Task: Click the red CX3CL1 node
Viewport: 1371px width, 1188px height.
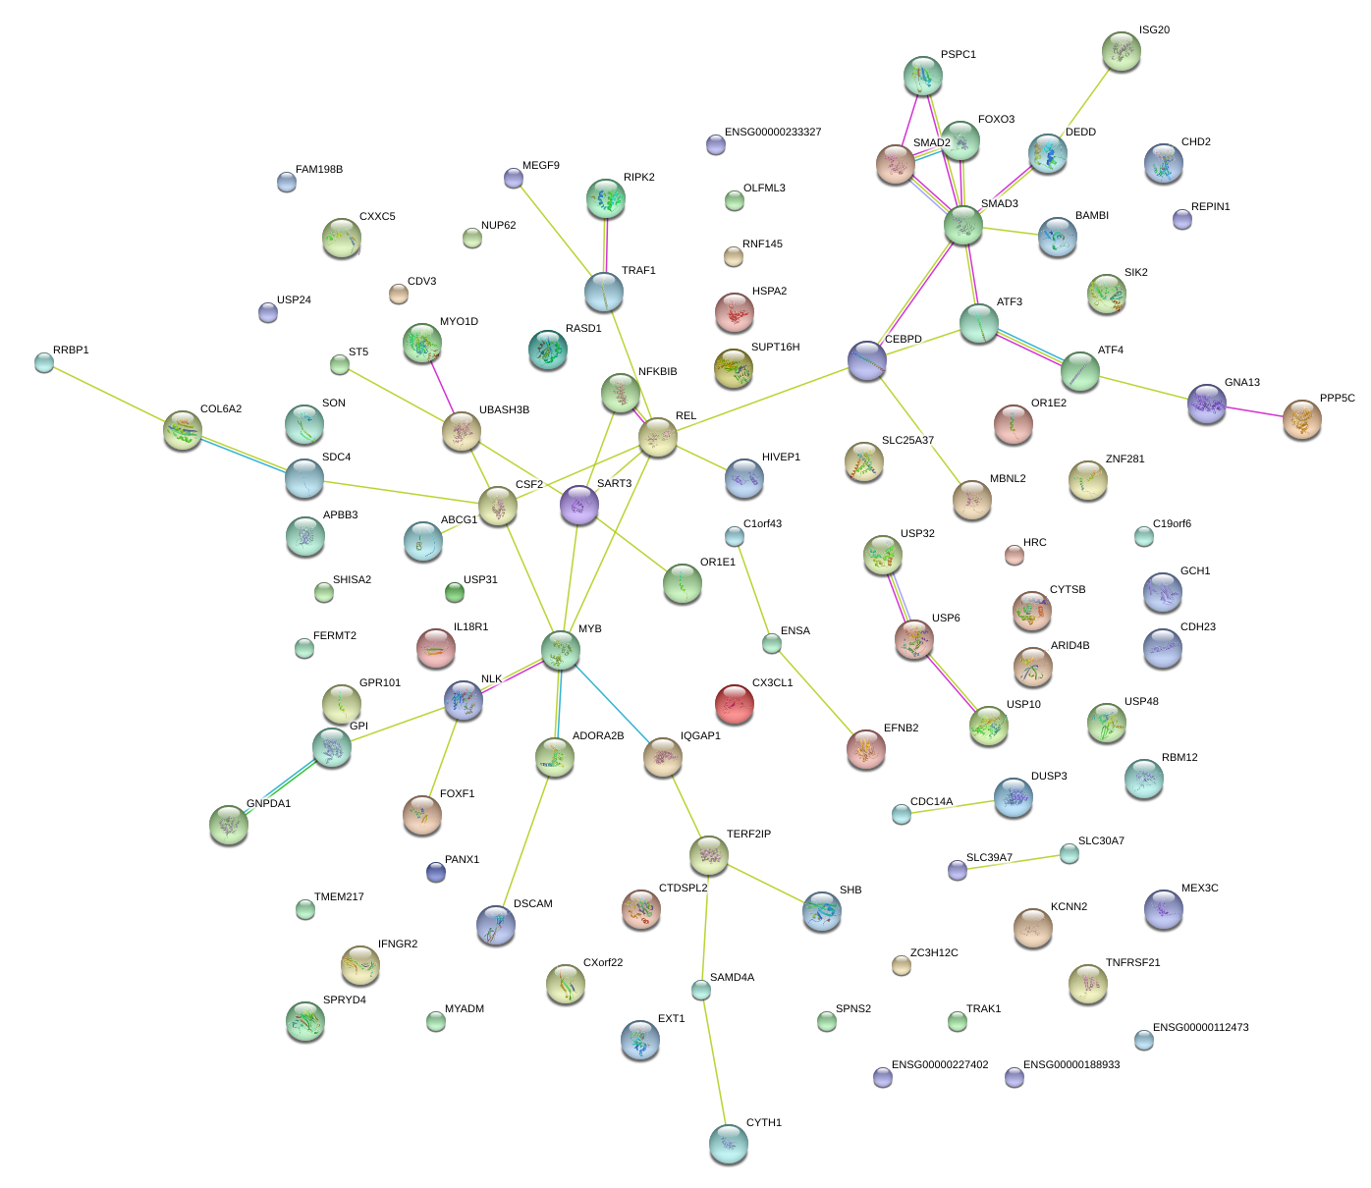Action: coord(734,704)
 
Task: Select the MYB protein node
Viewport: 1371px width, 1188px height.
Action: coord(561,649)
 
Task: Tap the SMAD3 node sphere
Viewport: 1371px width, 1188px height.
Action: coord(963,225)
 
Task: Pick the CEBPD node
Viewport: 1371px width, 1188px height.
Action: coord(867,360)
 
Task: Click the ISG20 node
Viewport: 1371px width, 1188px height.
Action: coord(1122,51)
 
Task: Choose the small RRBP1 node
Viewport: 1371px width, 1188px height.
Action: coord(43,362)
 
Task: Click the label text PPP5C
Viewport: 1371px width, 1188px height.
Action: coord(1337,399)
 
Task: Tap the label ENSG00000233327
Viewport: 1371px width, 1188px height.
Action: coord(773,133)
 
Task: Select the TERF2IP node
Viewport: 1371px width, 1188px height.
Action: coord(708,855)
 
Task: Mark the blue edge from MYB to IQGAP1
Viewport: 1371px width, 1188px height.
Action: coord(612,703)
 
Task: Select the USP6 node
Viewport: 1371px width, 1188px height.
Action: coord(914,639)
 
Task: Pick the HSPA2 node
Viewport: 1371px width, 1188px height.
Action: coord(734,312)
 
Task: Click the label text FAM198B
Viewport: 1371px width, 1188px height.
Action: coord(319,170)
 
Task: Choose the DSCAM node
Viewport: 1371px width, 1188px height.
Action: coord(496,925)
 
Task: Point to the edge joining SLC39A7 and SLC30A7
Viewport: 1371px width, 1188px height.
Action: coord(1014,862)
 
